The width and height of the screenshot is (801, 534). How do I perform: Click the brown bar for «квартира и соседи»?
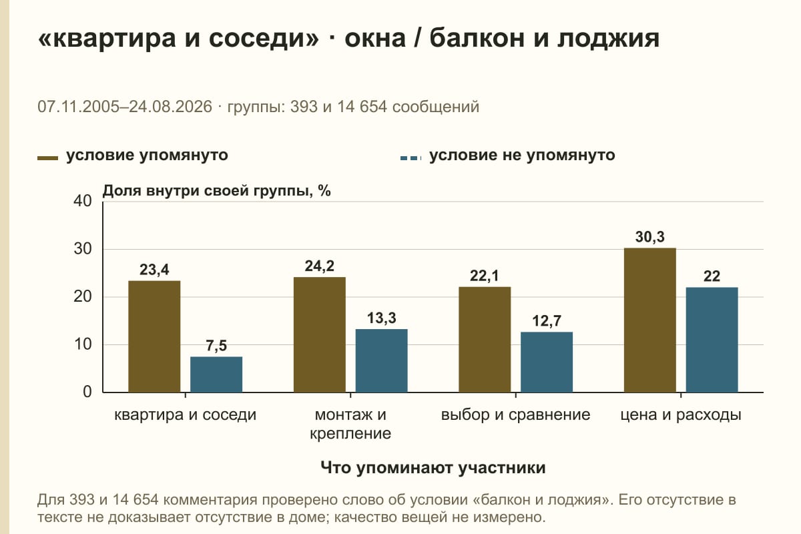(x=154, y=336)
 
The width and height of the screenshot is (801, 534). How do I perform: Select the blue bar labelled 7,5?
(x=216, y=374)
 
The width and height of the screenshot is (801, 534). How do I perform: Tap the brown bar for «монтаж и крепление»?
(x=319, y=335)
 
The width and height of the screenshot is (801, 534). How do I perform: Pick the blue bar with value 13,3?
(x=381, y=360)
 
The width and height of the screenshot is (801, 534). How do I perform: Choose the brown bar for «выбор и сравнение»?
(x=485, y=340)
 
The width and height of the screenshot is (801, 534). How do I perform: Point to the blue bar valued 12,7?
(x=547, y=362)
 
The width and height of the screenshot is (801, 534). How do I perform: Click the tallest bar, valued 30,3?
(x=649, y=320)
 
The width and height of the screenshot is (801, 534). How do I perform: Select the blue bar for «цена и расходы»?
(x=712, y=340)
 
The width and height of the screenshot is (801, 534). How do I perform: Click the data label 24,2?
(x=319, y=266)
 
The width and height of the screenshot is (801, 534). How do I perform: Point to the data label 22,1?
(x=484, y=276)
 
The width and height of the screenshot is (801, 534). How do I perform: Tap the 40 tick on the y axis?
(x=83, y=201)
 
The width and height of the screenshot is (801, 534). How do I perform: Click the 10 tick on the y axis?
(x=83, y=344)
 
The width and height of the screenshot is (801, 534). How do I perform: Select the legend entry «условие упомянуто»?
(x=132, y=156)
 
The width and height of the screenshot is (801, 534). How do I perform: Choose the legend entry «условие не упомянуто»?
(x=508, y=156)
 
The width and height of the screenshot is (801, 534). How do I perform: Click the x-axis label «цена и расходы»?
(x=680, y=415)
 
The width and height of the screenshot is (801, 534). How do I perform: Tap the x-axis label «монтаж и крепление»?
(x=350, y=424)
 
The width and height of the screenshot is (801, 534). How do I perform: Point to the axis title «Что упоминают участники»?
(x=433, y=468)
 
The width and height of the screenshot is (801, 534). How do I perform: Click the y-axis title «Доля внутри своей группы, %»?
(x=217, y=191)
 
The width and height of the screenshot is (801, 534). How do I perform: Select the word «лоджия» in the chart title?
(x=608, y=39)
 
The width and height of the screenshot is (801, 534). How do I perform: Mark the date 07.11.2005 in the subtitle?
(x=78, y=107)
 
